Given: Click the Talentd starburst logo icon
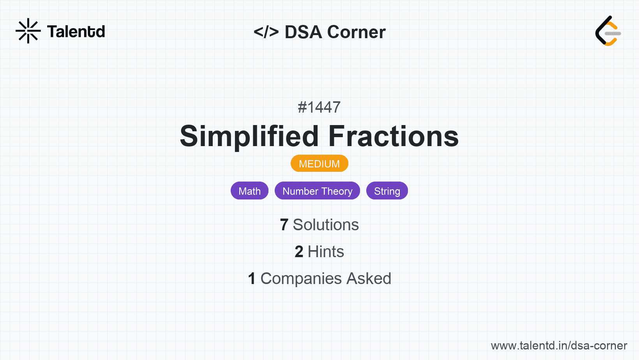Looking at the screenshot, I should click(x=28, y=31).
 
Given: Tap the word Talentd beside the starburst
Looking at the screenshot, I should click(x=76, y=32).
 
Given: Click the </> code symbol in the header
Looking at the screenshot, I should click(x=266, y=32).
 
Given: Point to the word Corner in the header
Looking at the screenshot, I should click(x=356, y=32).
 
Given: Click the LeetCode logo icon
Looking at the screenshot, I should click(x=608, y=31).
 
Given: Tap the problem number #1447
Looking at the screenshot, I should click(x=319, y=107).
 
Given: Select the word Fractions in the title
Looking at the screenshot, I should click(x=394, y=136).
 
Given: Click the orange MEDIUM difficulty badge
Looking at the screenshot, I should click(x=319, y=164).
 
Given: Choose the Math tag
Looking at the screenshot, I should click(x=249, y=191).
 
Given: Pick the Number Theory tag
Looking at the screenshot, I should click(x=317, y=191).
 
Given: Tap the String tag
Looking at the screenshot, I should click(x=387, y=191).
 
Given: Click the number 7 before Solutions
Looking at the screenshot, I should click(x=284, y=225).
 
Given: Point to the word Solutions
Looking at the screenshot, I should click(x=326, y=225).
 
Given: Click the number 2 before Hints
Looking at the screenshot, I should click(x=299, y=252).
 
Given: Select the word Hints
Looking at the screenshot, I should click(x=326, y=252).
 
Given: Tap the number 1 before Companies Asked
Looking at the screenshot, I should click(x=252, y=279).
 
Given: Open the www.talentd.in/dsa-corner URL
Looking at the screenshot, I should click(x=559, y=346).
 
